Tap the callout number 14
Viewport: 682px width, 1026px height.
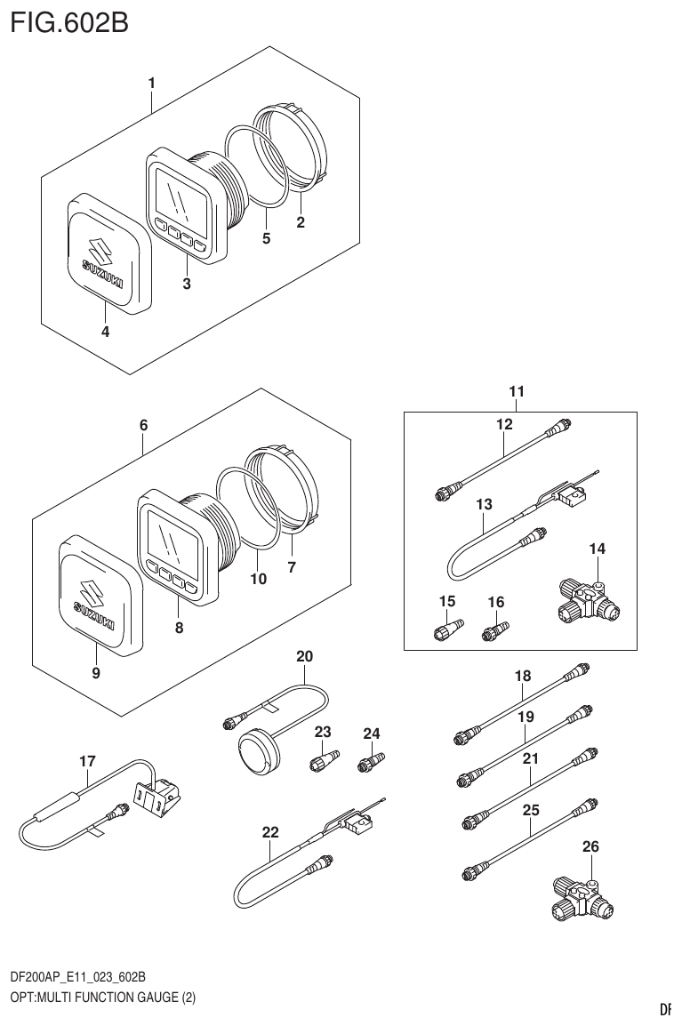pos(598,549)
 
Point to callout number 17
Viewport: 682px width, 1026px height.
pos(87,761)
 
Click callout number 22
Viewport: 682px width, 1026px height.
pos(270,832)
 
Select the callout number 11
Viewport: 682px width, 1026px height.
pos(517,391)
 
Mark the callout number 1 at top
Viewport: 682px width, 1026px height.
pos(152,83)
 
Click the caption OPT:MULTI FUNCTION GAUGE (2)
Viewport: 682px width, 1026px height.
pos(102,997)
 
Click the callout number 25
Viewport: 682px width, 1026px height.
pos(531,810)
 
